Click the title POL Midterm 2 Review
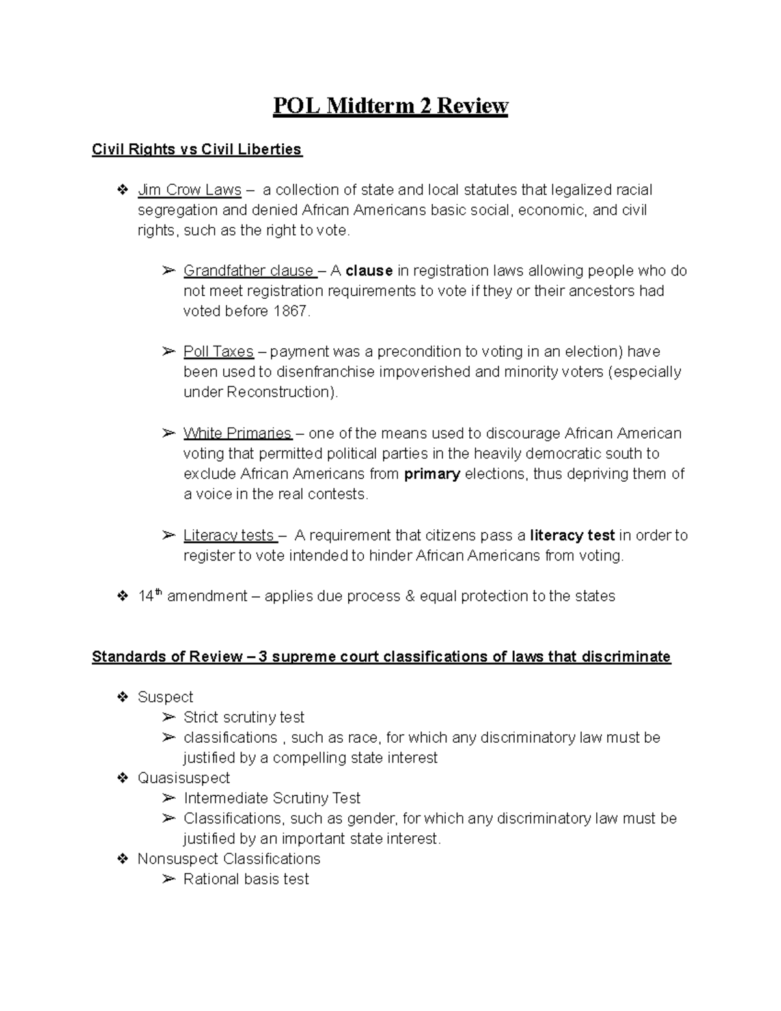pyautogui.click(x=390, y=105)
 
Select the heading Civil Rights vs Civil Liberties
pyautogui.click(x=197, y=150)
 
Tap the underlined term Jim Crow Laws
pyautogui.click(x=189, y=190)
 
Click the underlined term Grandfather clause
pyautogui.click(x=249, y=271)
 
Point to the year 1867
pyautogui.click(x=290, y=311)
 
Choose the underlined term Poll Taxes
pyautogui.click(x=218, y=352)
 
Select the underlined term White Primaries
pyautogui.click(x=237, y=434)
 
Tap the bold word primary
pyautogui.click(x=432, y=474)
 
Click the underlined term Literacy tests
pyautogui.click(x=229, y=535)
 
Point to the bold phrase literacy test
pyautogui.click(x=572, y=535)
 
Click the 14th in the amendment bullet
pyautogui.click(x=149, y=596)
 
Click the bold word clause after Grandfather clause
pyautogui.click(x=369, y=271)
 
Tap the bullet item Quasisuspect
pyautogui.click(x=184, y=778)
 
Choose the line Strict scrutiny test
pyautogui.click(x=243, y=717)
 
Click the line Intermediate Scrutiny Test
pyautogui.click(x=271, y=798)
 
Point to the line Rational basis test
pyautogui.click(x=246, y=879)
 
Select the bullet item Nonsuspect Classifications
pyautogui.click(x=228, y=859)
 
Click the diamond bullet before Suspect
pyautogui.click(x=122, y=697)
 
